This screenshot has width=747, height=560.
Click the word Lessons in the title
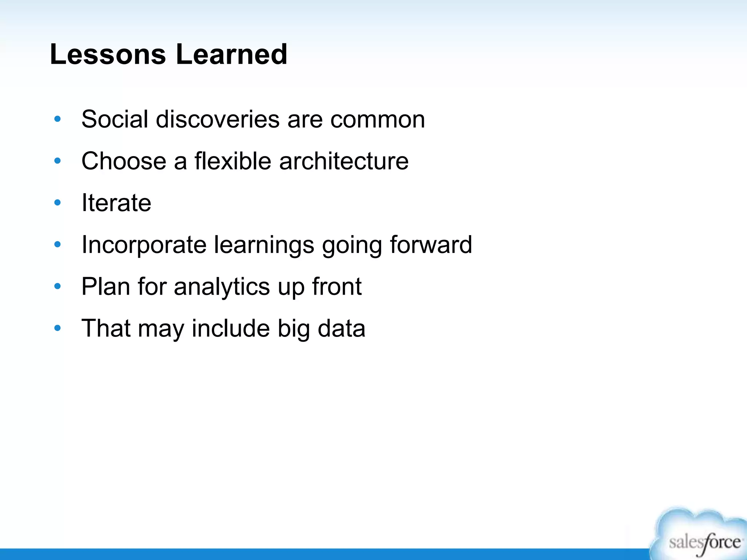(x=108, y=55)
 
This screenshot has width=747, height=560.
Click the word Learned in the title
(x=232, y=55)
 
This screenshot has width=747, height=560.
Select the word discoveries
(x=218, y=119)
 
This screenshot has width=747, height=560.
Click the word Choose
(x=124, y=161)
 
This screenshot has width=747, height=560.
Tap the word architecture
(x=344, y=161)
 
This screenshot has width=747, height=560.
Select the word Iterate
(x=116, y=203)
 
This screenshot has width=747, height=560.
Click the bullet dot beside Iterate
(x=57, y=203)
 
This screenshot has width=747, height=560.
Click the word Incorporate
(x=144, y=245)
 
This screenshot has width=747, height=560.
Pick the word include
(x=231, y=328)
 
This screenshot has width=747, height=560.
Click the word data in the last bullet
(x=341, y=328)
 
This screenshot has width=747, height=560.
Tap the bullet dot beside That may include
(x=57, y=328)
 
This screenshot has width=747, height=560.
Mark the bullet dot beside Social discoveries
(x=57, y=119)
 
